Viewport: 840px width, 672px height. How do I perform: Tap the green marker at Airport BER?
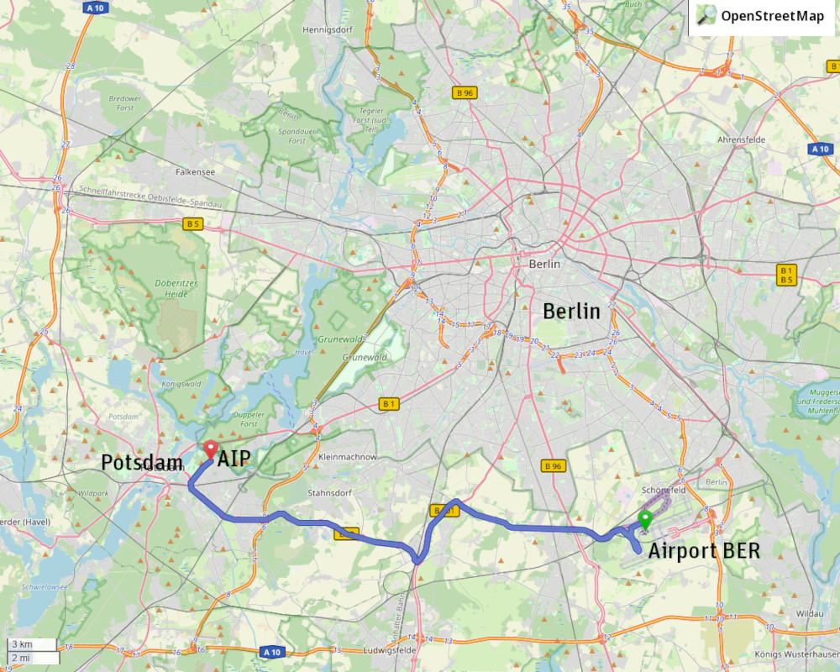pos(645,520)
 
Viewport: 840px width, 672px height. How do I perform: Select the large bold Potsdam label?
pos(142,463)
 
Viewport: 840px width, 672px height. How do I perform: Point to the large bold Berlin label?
pos(571,312)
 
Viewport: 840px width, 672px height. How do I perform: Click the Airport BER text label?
pos(704,552)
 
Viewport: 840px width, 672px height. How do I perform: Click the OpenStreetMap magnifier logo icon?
pos(706,15)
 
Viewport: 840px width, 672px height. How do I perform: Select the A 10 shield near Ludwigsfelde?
pos(271,652)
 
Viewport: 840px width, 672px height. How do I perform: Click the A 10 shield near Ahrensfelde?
pos(820,149)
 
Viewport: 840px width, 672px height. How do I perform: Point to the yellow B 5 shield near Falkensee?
pos(193,223)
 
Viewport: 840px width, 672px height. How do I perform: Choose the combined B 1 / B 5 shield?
pos(786,275)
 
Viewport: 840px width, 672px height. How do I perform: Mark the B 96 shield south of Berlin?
pos(552,466)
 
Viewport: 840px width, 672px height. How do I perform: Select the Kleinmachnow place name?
pos(349,457)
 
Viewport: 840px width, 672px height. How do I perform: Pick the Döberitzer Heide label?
pos(175,289)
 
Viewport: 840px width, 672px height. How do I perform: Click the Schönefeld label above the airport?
pos(664,490)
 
